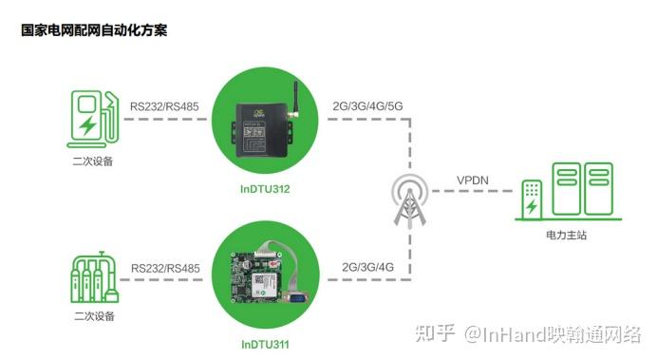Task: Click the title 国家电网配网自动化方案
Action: pos(94,30)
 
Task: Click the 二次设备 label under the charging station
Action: pos(92,161)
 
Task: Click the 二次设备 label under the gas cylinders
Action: pos(92,314)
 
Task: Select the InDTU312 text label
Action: pos(265,189)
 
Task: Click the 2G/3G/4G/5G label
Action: pos(366,105)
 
